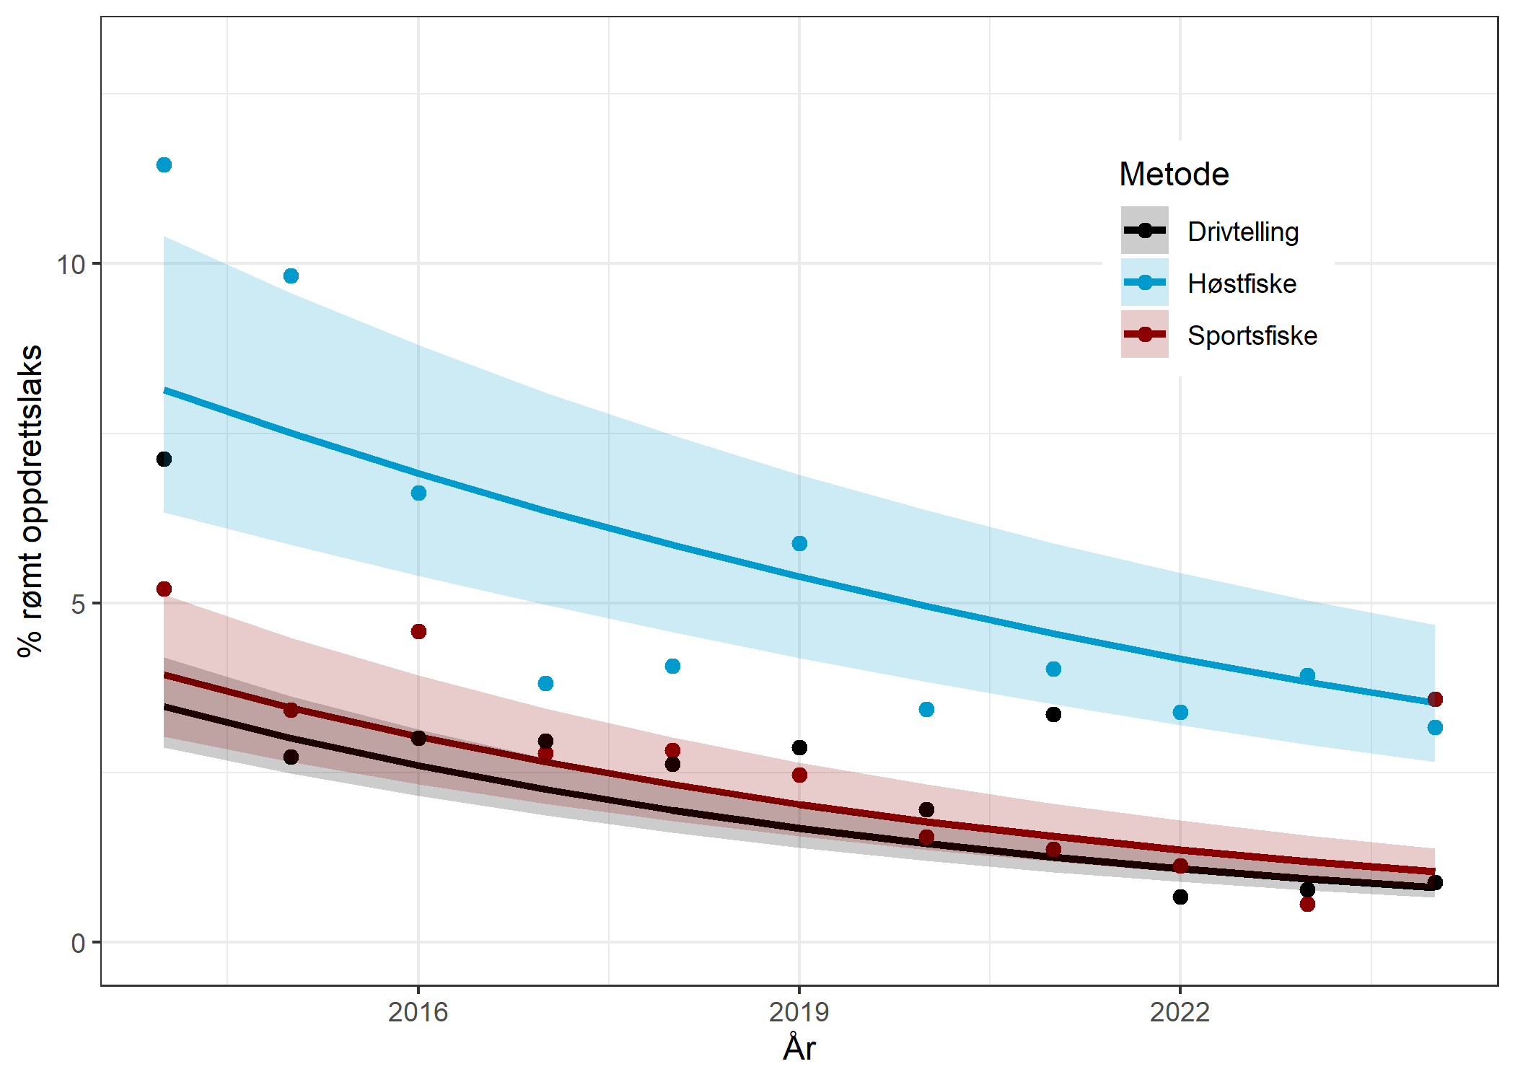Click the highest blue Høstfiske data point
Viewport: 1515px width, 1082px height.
tap(164, 165)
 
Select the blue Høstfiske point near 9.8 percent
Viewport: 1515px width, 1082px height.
tap(291, 276)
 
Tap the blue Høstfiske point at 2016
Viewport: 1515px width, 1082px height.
tap(418, 493)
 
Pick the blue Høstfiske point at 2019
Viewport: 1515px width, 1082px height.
tap(799, 543)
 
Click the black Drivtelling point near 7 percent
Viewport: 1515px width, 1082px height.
tap(164, 459)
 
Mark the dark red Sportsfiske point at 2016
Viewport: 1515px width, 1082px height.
tap(418, 631)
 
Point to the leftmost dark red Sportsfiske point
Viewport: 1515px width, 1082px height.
tap(164, 589)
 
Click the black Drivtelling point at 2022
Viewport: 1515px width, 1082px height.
tap(1180, 897)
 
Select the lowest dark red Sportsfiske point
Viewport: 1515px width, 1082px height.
tap(1307, 904)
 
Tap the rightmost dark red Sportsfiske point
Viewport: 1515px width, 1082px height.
tap(1435, 699)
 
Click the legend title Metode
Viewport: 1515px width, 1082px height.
tap(1174, 175)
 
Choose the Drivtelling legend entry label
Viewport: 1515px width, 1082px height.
tap(1243, 232)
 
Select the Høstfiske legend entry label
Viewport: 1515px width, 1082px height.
tap(1242, 283)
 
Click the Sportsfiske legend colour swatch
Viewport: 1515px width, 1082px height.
tap(1144, 334)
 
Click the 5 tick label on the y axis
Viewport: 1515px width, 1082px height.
tap(78, 604)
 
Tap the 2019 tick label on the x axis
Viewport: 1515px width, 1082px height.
tap(799, 1012)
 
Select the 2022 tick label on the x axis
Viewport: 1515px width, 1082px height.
tap(1180, 1012)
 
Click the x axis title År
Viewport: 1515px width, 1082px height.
tap(799, 1048)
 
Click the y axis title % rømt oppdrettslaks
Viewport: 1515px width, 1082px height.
tap(30, 501)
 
